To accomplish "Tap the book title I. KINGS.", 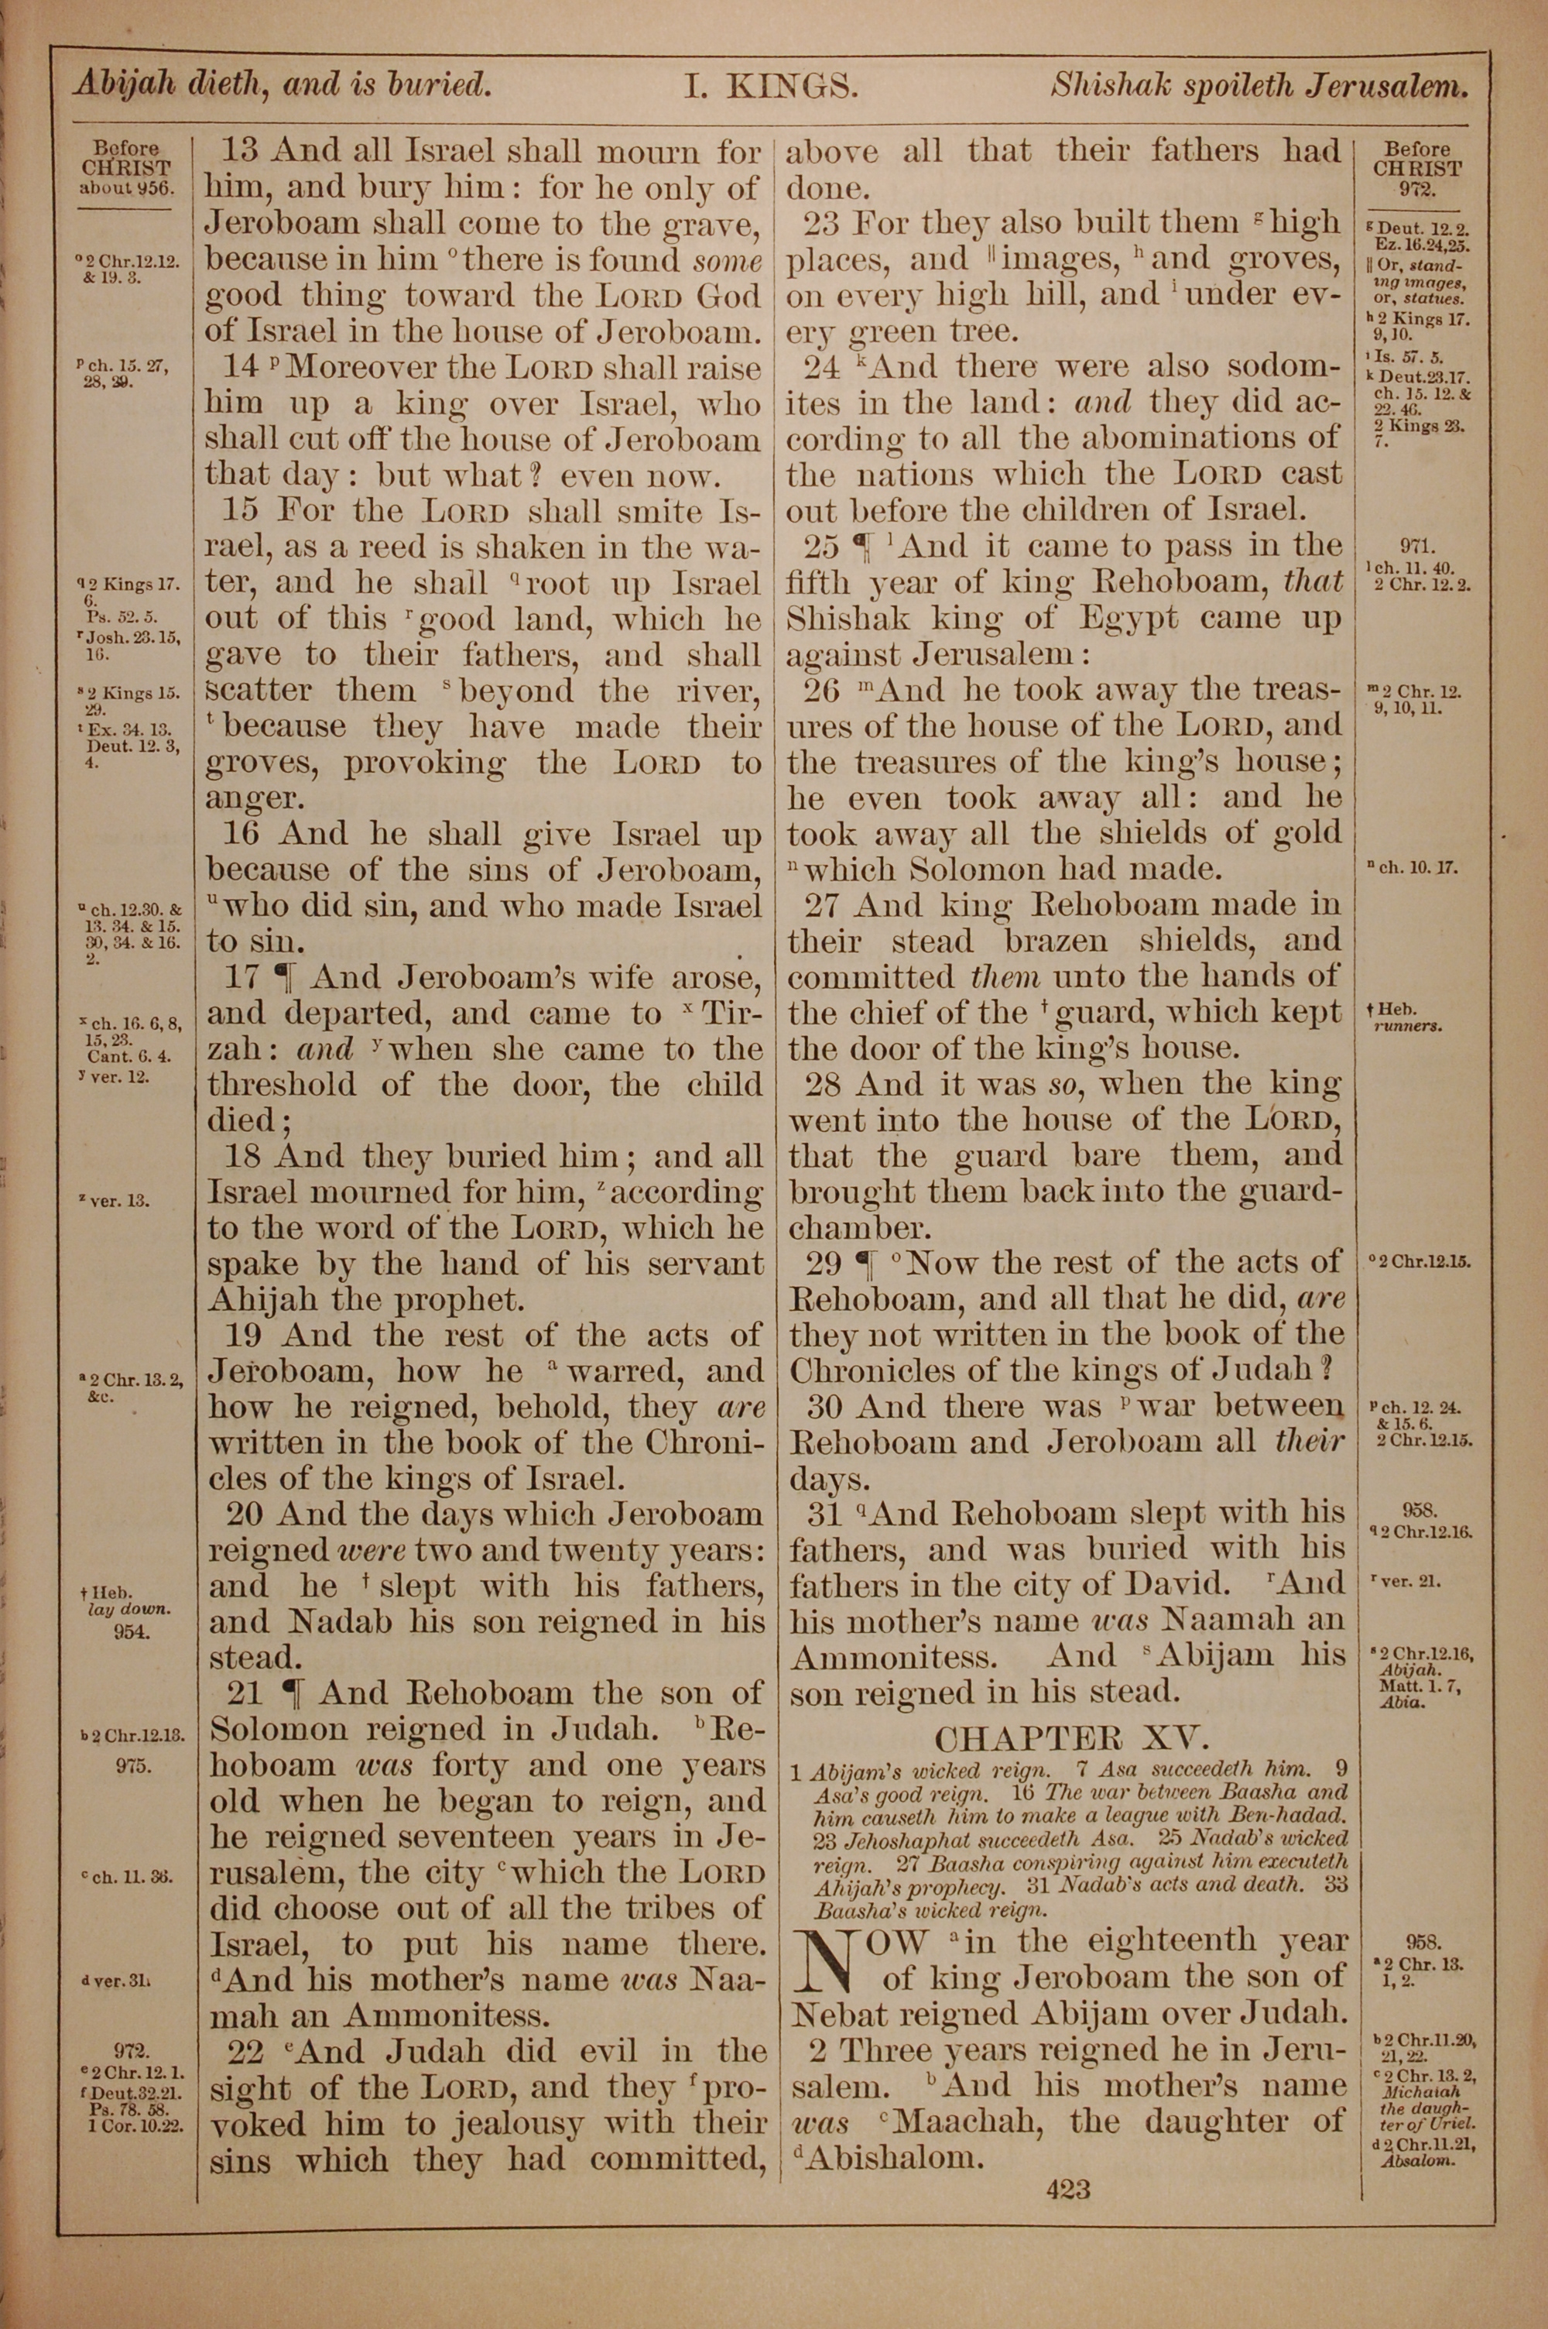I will (x=771, y=87).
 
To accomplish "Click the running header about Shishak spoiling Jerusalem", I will (x=1259, y=87).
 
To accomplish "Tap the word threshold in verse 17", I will (x=294, y=1085).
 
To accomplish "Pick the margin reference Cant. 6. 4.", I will (x=128, y=1055).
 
